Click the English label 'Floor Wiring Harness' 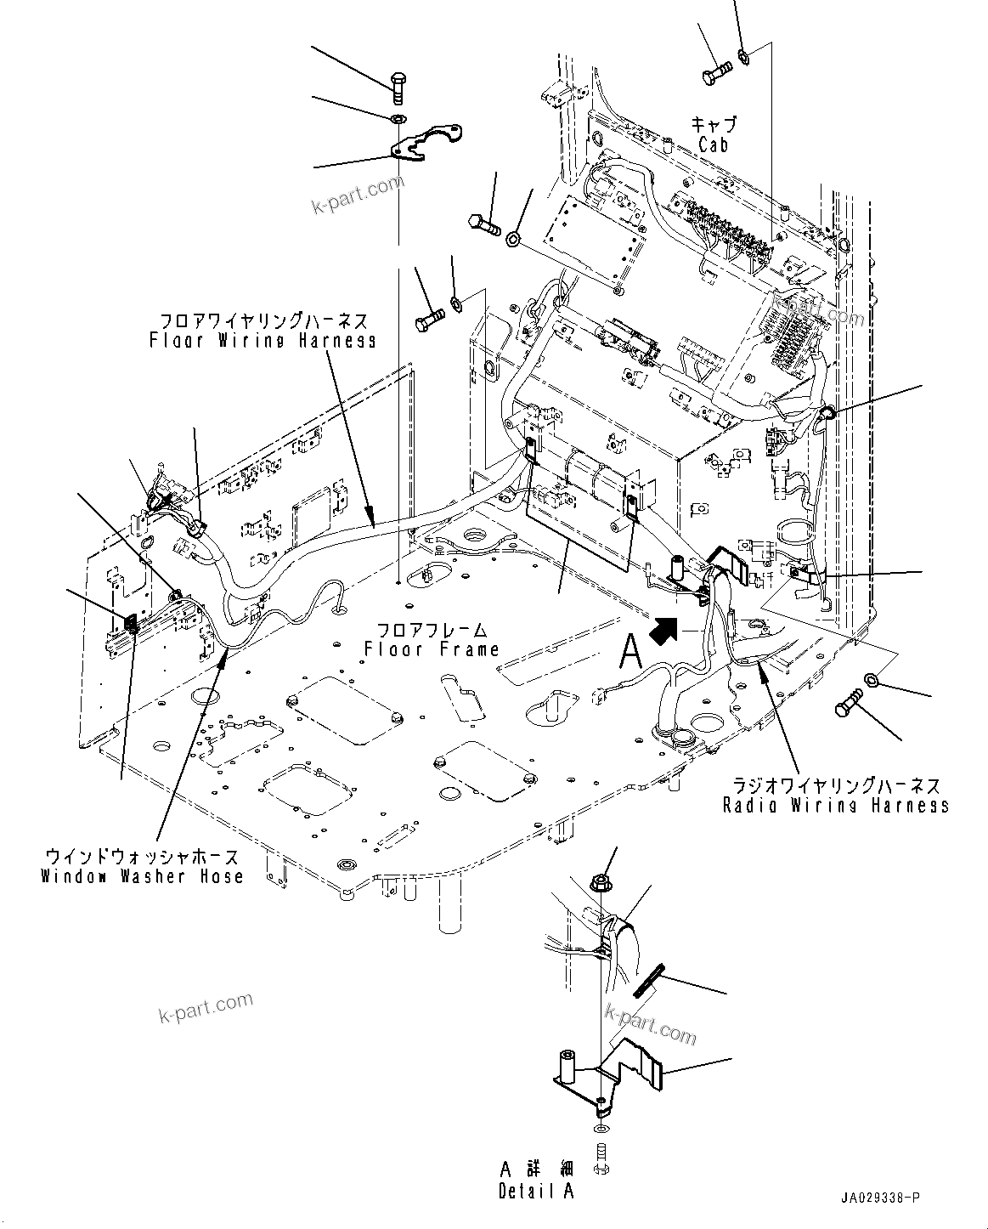click(x=263, y=340)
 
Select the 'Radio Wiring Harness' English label click(x=836, y=804)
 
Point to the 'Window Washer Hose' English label click(x=142, y=875)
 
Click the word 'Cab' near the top click(x=713, y=145)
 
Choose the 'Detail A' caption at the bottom click(x=536, y=1191)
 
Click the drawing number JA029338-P click(x=879, y=1198)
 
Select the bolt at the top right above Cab click(x=718, y=74)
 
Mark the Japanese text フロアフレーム click(x=432, y=630)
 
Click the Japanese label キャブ click(x=713, y=124)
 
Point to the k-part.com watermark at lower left click(x=206, y=1008)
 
